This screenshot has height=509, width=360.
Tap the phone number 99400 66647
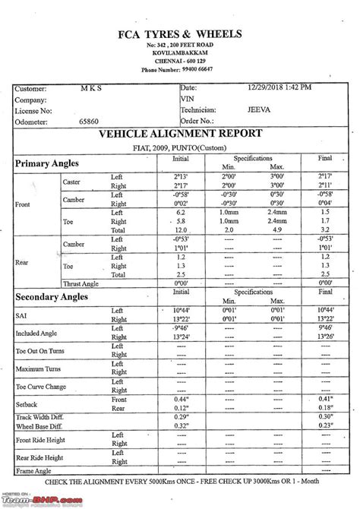[x=191, y=69]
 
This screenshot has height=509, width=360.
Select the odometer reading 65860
[x=90, y=120]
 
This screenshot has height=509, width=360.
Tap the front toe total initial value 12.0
[x=181, y=229]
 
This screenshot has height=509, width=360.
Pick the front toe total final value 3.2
[x=325, y=229]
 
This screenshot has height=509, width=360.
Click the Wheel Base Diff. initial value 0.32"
[x=181, y=426]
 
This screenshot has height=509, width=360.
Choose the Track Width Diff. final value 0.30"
[x=326, y=416]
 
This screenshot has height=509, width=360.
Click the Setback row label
[x=27, y=403]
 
